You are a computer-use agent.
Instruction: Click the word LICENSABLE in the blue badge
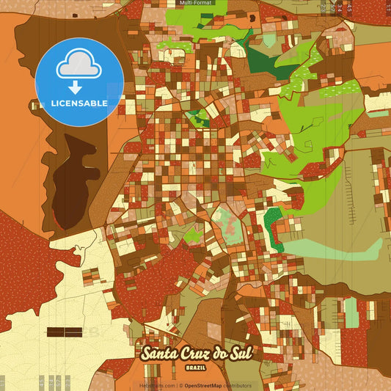click(x=79, y=102)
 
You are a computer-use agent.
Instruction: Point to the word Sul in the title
click(x=244, y=353)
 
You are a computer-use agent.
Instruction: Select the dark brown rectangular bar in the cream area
click(x=64, y=332)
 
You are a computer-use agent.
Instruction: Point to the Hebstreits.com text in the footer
click(x=157, y=385)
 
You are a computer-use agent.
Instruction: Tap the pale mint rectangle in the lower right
click(x=351, y=311)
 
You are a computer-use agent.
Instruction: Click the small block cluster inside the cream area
click(x=92, y=277)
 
